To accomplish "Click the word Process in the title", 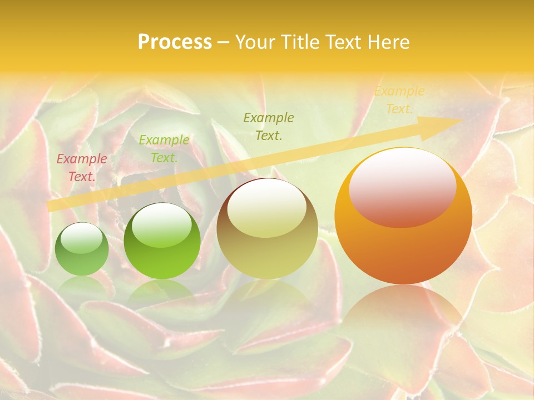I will click(x=175, y=42).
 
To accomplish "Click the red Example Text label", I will click(x=82, y=168).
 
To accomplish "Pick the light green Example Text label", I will click(x=164, y=149).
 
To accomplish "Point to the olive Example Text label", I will click(x=269, y=126).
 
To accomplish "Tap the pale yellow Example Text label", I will click(x=399, y=100).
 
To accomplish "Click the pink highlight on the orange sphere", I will click(x=403, y=188).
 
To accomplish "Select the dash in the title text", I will click(x=224, y=42).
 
